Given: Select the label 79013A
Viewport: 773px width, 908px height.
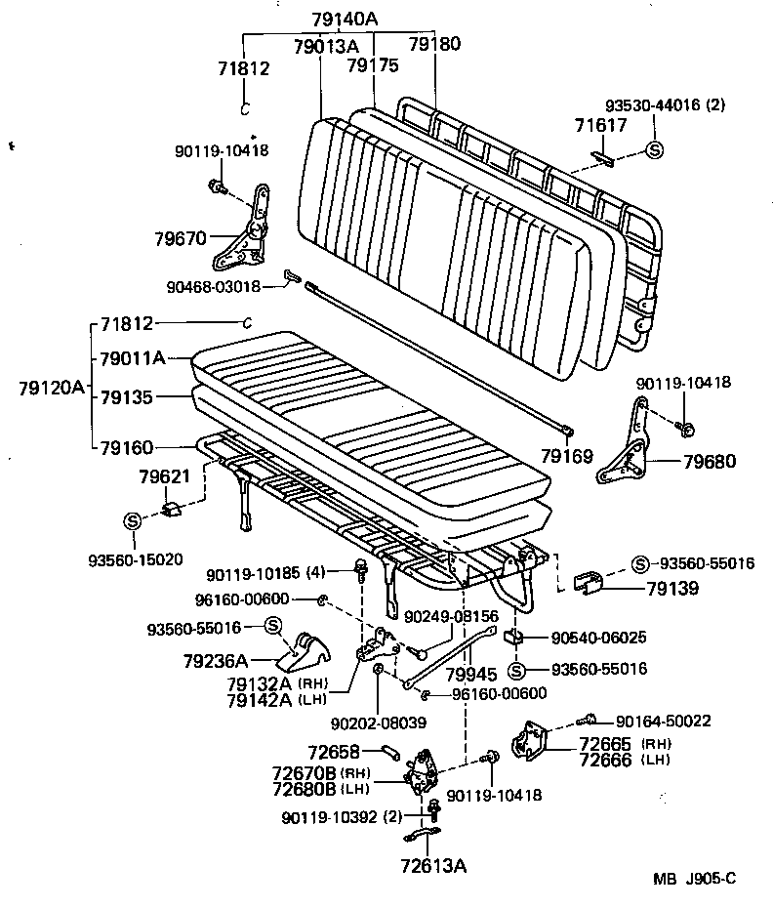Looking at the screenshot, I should [326, 45].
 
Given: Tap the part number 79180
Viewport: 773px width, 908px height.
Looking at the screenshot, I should [434, 44].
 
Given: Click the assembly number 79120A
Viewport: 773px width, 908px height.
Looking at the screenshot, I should [51, 387].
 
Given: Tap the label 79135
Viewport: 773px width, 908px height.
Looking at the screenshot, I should [127, 397].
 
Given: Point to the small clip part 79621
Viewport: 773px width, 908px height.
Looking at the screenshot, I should [175, 508].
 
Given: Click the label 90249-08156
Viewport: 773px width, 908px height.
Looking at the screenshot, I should [451, 616].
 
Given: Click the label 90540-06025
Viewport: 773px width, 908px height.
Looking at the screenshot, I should [598, 637].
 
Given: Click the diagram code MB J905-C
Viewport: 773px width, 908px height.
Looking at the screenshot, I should [694, 878].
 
